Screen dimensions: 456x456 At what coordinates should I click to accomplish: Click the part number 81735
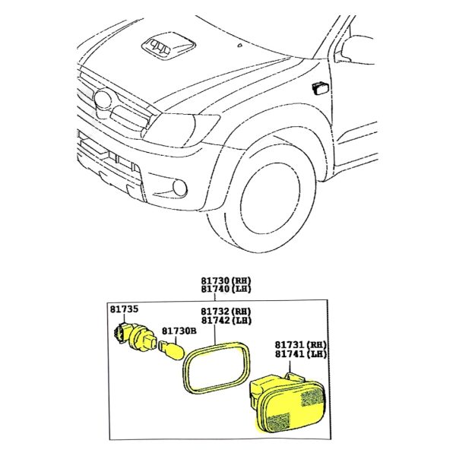point(124,309)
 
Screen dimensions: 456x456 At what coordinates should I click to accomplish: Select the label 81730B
point(179,331)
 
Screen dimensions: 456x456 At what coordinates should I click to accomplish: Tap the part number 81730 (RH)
point(226,281)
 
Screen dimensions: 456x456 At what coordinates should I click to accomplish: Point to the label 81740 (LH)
point(226,289)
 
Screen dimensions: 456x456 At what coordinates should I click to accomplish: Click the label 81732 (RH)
point(226,312)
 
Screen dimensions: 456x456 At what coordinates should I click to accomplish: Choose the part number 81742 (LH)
point(226,321)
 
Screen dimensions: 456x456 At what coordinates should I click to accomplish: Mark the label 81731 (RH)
point(301,345)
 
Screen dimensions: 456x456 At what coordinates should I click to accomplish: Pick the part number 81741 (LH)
point(301,354)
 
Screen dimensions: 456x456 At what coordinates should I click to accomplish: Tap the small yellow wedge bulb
point(172,351)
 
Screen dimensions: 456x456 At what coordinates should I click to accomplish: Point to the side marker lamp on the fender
point(321,88)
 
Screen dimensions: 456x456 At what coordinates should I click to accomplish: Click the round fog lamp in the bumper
point(179,188)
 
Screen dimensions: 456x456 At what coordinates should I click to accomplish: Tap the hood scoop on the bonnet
point(169,46)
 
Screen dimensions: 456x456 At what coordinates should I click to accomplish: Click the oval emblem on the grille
point(103,99)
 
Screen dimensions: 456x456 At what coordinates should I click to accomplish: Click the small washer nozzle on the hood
point(239,45)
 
